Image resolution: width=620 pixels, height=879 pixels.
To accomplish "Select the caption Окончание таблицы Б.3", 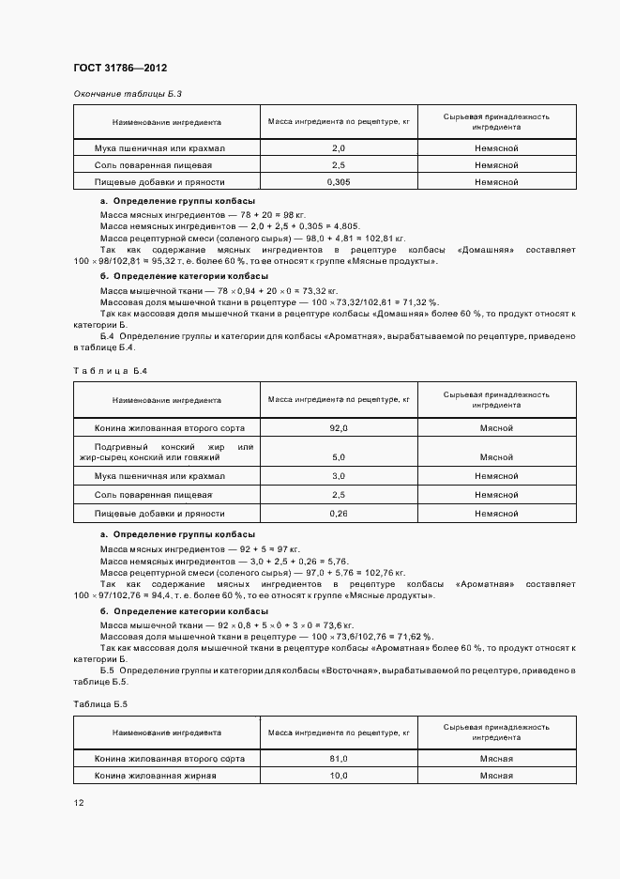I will point(127,94).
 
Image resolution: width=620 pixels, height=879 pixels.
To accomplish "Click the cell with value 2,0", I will point(339,148).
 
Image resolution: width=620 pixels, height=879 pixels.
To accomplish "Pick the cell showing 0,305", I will point(339,181).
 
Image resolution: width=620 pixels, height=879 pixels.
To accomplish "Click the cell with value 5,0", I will point(339,457).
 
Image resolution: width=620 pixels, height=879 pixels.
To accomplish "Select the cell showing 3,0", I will point(339,476).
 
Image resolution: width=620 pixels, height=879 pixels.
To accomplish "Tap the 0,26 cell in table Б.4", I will point(339,514).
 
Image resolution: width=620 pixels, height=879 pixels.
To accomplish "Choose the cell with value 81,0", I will point(339,758).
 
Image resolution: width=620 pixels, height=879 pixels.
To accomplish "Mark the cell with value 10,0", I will point(339,776).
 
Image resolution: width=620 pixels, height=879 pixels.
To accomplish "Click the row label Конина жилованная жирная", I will point(156,776).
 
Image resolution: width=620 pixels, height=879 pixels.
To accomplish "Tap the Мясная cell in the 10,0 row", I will point(496,776).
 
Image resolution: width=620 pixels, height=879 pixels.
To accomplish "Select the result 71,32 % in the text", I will point(417,302).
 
